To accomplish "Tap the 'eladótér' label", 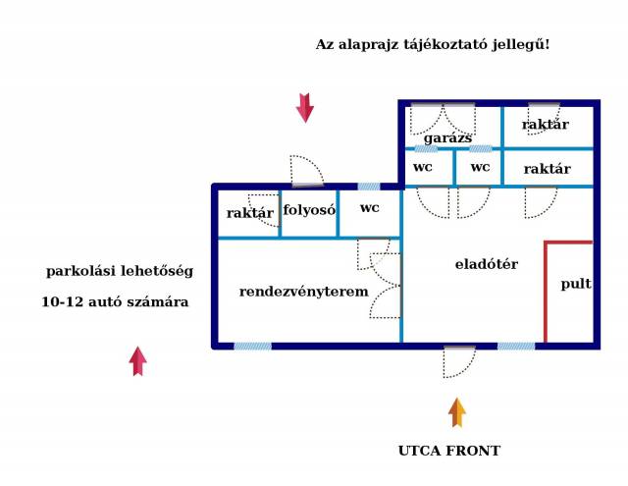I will tap(486, 264).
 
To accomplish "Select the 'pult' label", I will tap(576, 284).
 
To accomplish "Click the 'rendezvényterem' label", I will tap(304, 292).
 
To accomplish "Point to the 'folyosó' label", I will tap(310, 209).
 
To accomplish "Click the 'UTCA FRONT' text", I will tap(448, 451).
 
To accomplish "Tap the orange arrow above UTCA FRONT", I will tap(456, 412).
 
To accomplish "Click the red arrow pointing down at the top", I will tap(305, 107).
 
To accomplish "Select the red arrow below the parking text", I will tap(137, 361).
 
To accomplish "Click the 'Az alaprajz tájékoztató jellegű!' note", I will tap(433, 45).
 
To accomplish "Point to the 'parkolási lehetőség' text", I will tap(120, 271).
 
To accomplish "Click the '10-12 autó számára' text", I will tap(115, 302).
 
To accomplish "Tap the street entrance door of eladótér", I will tap(458, 361).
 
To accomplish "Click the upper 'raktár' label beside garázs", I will tap(546, 125).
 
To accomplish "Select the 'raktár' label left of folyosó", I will tap(250, 213).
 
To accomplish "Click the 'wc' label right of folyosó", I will tap(369, 208).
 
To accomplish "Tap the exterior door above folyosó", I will tap(307, 171).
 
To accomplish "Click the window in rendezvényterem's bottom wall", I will tap(252, 346).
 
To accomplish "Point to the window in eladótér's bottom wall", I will tap(516, 346).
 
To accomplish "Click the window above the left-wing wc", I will tap(369, 186).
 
